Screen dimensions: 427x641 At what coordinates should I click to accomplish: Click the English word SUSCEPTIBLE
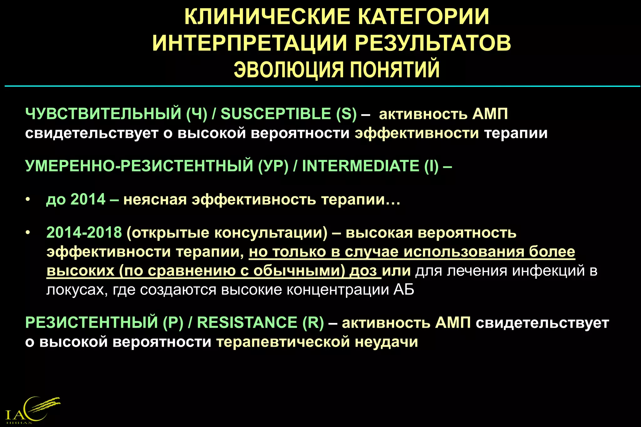pyautogui.click(x=276, y=113)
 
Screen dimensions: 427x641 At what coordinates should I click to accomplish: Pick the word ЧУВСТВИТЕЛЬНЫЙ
pyautogui.click(x=103, y=113)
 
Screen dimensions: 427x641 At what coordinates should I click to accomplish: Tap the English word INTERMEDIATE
pyautogui.click(x=360, y=166)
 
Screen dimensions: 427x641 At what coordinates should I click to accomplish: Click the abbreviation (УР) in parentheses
pyautogui.click(x=273, y=166)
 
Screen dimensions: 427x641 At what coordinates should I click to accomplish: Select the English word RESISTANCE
pyautogui.click(x=247, y=322)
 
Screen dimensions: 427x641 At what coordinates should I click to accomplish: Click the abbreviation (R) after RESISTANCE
pyautogui.click(x=313, y=322)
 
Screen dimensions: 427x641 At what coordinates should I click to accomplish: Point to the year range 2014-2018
pyautogui.click(x=84, y=233)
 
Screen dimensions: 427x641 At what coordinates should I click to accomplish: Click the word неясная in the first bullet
pyautogui.click(x=155, y=199)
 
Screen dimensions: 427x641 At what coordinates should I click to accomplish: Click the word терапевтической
pyautogui.click(x=283, y=342)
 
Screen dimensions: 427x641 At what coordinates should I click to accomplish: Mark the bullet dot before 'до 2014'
pyautogui.click(x=28, y=199)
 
